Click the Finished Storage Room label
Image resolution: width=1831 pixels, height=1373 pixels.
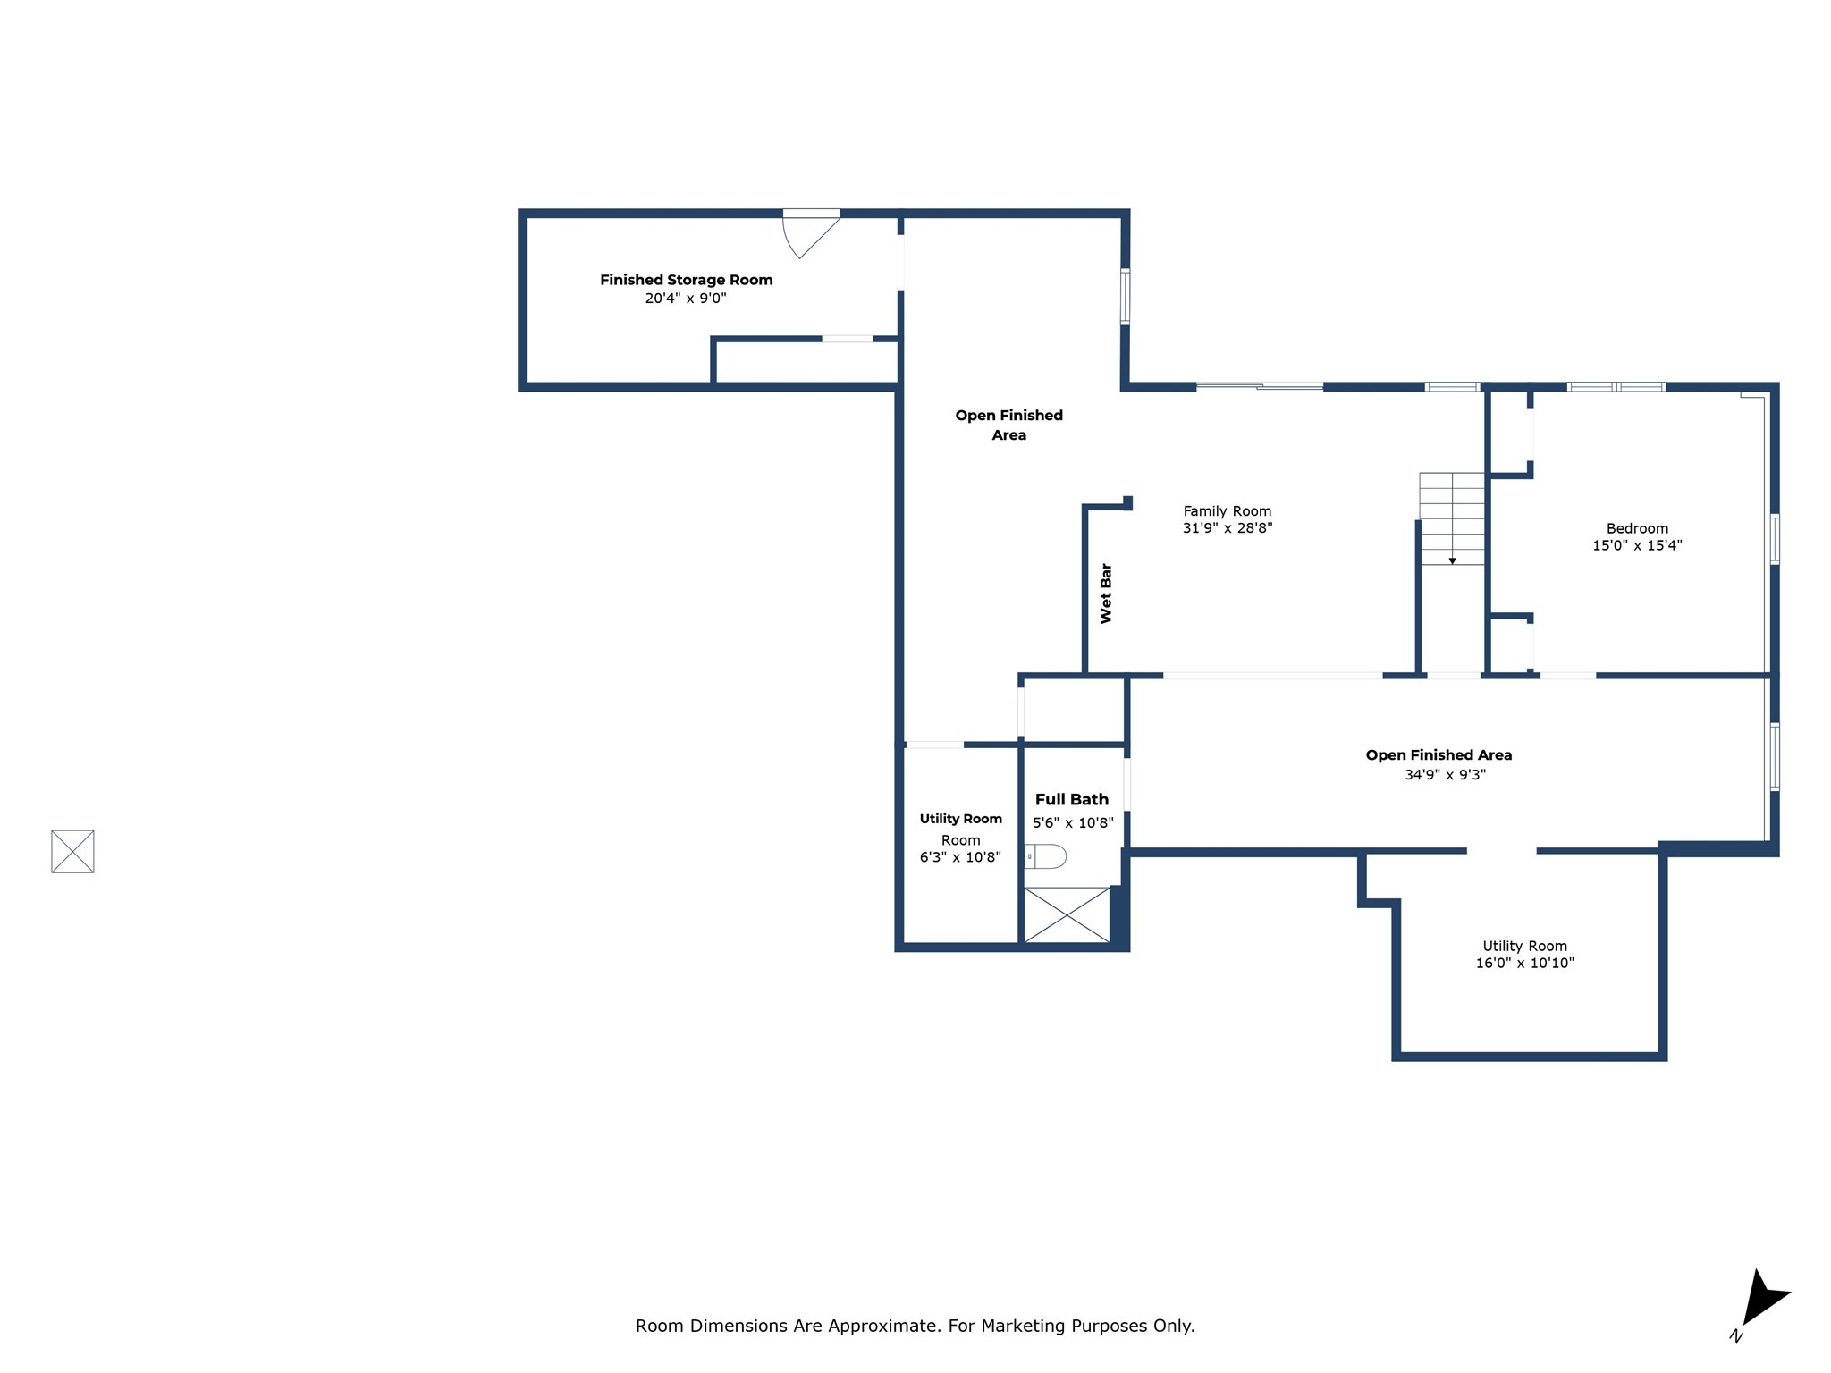click(686, 280)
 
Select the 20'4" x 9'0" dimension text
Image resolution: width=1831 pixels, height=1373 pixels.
click(686, 299)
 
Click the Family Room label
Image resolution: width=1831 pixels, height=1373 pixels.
click(1227, 511)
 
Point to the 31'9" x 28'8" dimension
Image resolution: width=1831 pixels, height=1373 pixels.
click(1227, 528)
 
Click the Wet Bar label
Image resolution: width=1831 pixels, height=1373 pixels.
click(1106, 593)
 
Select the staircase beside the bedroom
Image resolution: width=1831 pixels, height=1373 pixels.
click(1452, 518)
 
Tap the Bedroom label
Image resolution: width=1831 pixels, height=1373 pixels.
click(1637, 528)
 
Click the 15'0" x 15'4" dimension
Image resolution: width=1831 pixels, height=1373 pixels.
click(1637, 545)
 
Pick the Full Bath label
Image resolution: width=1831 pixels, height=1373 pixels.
click(1071, 799)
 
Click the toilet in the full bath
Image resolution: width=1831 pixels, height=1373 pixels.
click(1046, 856)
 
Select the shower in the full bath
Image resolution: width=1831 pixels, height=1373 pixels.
click(1066, 914)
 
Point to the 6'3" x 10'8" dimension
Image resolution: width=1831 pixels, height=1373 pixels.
click(960, 857)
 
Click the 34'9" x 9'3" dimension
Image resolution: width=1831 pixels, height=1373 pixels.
click(1445, 775)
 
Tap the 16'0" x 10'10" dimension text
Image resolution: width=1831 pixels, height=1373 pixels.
click(1524, 963)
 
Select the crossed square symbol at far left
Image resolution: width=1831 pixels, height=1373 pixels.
click(72, 851)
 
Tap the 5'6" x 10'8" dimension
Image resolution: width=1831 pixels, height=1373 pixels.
click(1073, 822)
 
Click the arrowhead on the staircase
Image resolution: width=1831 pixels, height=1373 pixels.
click(1452, 560)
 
